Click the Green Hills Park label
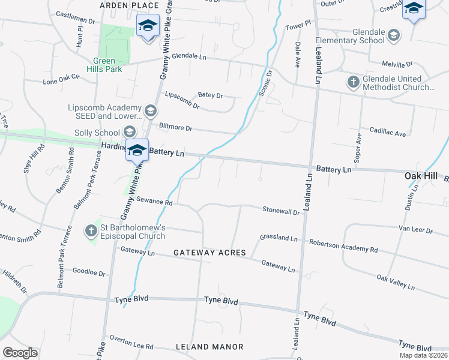coord(107,65)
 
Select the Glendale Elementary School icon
coord(393,35)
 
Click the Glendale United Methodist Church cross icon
coord(354,82)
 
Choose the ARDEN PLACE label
coord(128,5)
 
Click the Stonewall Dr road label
coord(281,211)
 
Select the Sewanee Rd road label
coord(154,202)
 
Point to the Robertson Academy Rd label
coord(343,245)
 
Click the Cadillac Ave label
coord(388,133)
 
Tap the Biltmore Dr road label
coord(175,127)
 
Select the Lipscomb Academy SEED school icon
coord(150,111)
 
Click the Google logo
coord(20,353)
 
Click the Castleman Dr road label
coord(75,18)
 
